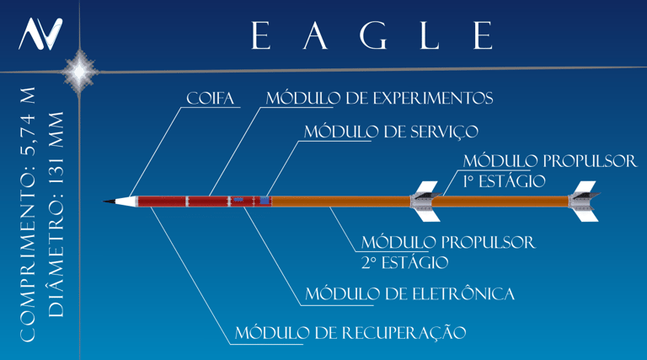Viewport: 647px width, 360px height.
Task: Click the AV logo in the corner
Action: (40, 34)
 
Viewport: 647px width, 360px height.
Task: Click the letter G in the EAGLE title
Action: (372, 35)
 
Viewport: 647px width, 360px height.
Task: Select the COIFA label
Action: (211, 99)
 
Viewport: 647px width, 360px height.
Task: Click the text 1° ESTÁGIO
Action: (504, 181)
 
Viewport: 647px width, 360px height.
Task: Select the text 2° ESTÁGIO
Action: (404, 263)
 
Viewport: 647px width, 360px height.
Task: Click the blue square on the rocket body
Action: (265, 201)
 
